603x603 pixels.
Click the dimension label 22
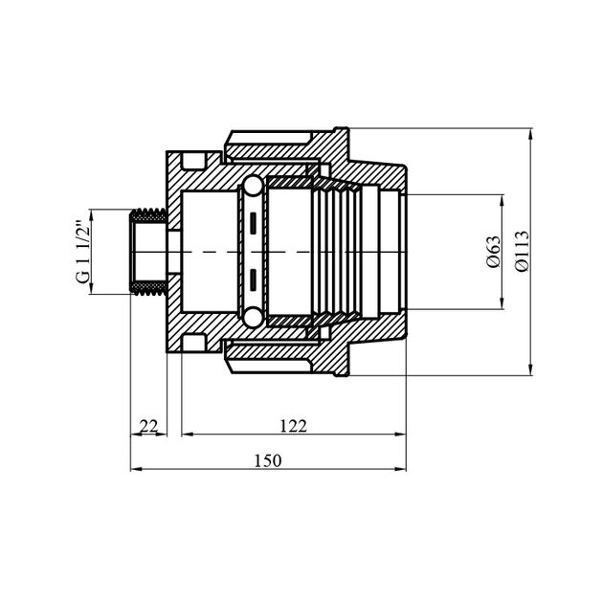(148, 427)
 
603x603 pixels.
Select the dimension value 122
(294, 427)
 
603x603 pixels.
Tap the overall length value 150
(268, 460)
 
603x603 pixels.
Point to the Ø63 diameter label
(494, 252)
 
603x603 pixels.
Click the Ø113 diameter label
(523, 252)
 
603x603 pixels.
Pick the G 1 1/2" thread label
(83, 252)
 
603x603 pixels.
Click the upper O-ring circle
(253, 186)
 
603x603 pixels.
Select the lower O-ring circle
(253, 318)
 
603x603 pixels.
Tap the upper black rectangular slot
(253, 223)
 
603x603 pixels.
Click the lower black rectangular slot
(253, 279)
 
